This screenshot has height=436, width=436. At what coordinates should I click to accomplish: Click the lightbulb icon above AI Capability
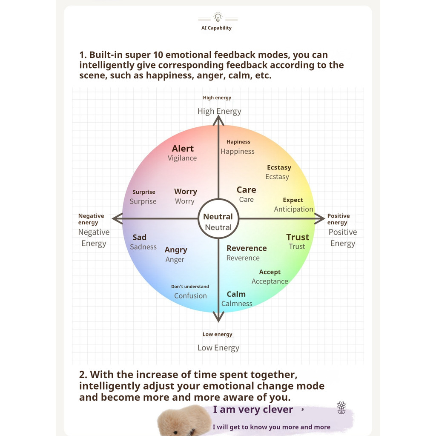click(218, 17)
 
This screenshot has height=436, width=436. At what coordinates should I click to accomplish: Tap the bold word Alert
click(183, 149)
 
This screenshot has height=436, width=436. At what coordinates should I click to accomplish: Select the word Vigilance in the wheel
click(182, 158)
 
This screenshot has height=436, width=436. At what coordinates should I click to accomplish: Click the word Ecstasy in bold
click(279, 168)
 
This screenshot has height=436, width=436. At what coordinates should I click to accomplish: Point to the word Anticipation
click(293, 209)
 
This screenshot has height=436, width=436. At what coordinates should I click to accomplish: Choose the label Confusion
click(190, 296)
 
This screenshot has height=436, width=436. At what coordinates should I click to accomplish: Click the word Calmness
click(237, 304)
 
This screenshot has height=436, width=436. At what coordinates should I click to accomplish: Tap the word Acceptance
click(270, 281)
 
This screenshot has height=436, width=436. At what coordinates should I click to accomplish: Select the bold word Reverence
click(247, 248)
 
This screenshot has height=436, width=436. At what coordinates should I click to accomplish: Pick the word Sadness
click(143, 247)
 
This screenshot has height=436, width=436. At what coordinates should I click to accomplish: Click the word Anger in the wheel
click(175, 260)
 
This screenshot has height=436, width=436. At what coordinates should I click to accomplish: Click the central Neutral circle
click(218, 219)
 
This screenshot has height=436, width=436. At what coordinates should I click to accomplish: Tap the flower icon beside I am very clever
click(341, 407)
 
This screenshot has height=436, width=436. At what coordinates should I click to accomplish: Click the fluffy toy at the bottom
click(184, 421)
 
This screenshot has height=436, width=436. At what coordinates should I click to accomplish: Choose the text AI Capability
click(216, 28)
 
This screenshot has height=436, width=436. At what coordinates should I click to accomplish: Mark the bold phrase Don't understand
click(190, 287)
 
